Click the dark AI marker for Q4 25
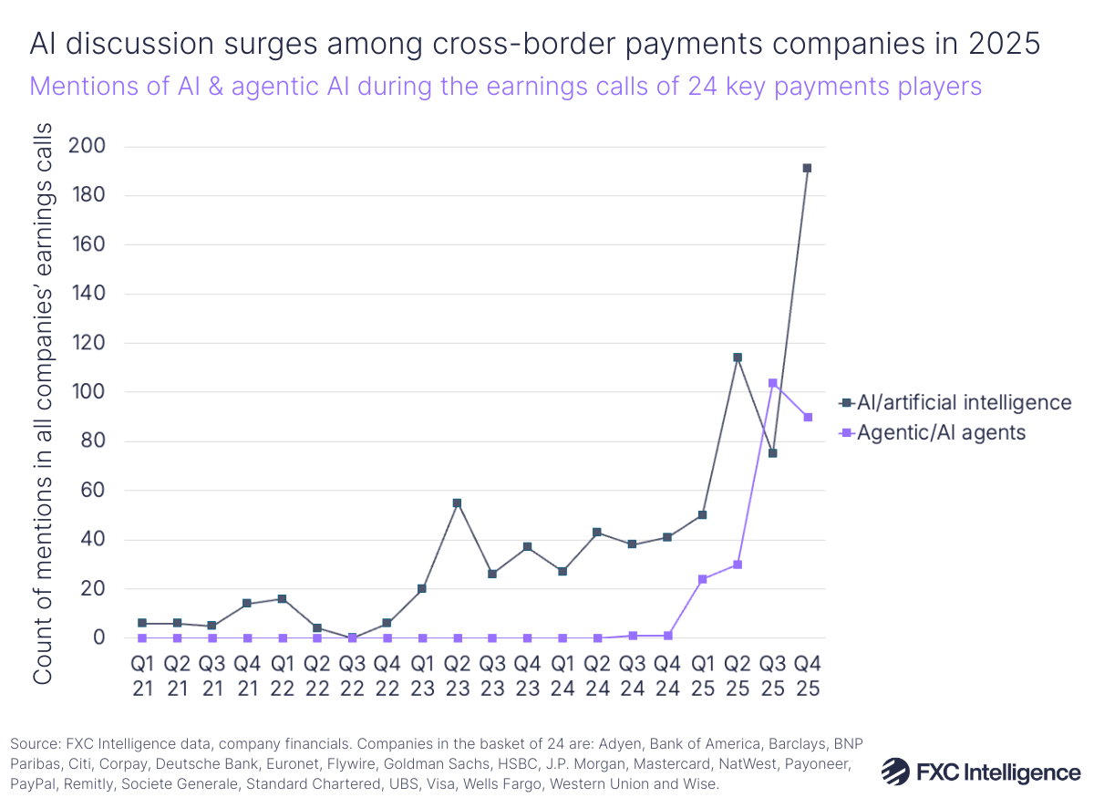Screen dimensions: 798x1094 (807, 168)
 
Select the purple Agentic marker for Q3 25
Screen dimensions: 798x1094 (772, 383)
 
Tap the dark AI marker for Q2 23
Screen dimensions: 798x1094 (457, 503)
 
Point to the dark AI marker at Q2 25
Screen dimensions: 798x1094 (738, 358)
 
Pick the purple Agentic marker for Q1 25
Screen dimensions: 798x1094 (702, 579)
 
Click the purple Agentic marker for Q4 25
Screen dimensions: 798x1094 (807, 417)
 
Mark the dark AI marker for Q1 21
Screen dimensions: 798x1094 (142, 623)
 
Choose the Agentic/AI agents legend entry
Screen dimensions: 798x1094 (939, 432)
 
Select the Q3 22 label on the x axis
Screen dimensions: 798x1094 (352, 676)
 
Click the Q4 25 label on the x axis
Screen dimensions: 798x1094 (807, 676)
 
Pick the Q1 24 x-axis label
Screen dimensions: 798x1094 (562, 676)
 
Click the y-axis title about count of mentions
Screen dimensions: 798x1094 (44, 401)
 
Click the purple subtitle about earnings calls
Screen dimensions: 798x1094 (506, 86)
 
